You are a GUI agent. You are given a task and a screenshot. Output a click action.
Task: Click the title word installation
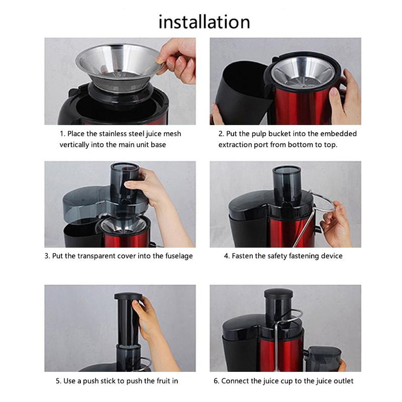coord(204,22)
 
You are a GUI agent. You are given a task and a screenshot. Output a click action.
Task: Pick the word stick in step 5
coord(109,381)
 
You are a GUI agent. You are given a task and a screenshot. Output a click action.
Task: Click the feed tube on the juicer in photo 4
coord(287,183)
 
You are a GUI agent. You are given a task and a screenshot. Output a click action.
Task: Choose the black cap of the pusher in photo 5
coord(128,296)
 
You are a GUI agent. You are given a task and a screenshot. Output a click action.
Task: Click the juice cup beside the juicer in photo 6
coord(324,358)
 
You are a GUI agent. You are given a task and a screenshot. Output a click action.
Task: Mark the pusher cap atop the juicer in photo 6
coord(278,293)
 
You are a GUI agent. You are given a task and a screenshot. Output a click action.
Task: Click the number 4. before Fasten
coord(227,256)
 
